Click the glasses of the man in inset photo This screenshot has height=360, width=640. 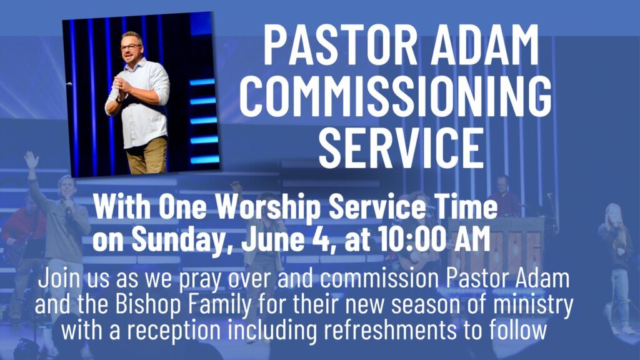pyautogui.click(x=131, y=47)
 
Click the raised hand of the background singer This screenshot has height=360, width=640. pyautogui.click(x=31, y=160)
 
